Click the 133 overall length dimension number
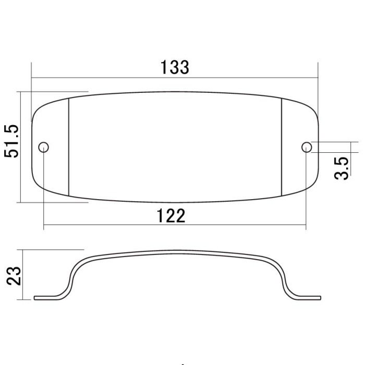pyautogui.click(x=175, y=67)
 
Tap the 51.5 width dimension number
pyautogui.click(x=11, y=141)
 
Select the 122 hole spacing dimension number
pyautogui.click(x=171, y=216)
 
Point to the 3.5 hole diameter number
pyautogui.click(x=342, y=168)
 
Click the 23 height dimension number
pyautogui.click(x=14, y=276)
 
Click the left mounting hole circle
pyautogui.click(x=43, y=147)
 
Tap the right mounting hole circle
pyautogui.click(x=307, y=147)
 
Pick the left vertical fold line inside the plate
pyautogui.click(x=69, y=147)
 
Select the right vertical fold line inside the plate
pyautogui.click(x=282, y=147)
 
